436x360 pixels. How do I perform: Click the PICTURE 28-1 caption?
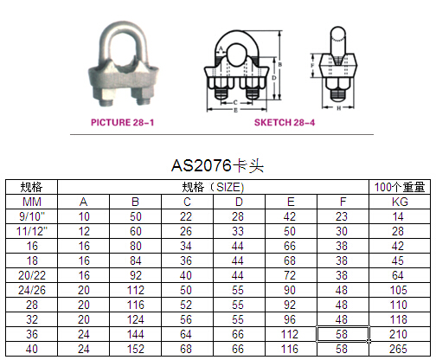pyautogui.click(x=122, y=122)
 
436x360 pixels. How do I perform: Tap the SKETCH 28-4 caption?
pyautogui.click(x=285, y=122)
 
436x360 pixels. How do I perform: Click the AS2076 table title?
pyautogui.click(x=217, y=166)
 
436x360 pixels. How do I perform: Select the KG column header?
pyautogui.click(x=400, y=202)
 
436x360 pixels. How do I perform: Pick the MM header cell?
pyautogui.click(x=32, y=202)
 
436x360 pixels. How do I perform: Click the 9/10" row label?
pyautogui.click(x=32, y=216)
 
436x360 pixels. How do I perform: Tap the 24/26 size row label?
pyautogui.click(x=32, y=290)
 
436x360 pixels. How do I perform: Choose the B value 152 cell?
pyautogui.click(x=136, y=349)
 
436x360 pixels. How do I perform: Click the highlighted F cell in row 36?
pyautogui.click(x=343, y=334)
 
